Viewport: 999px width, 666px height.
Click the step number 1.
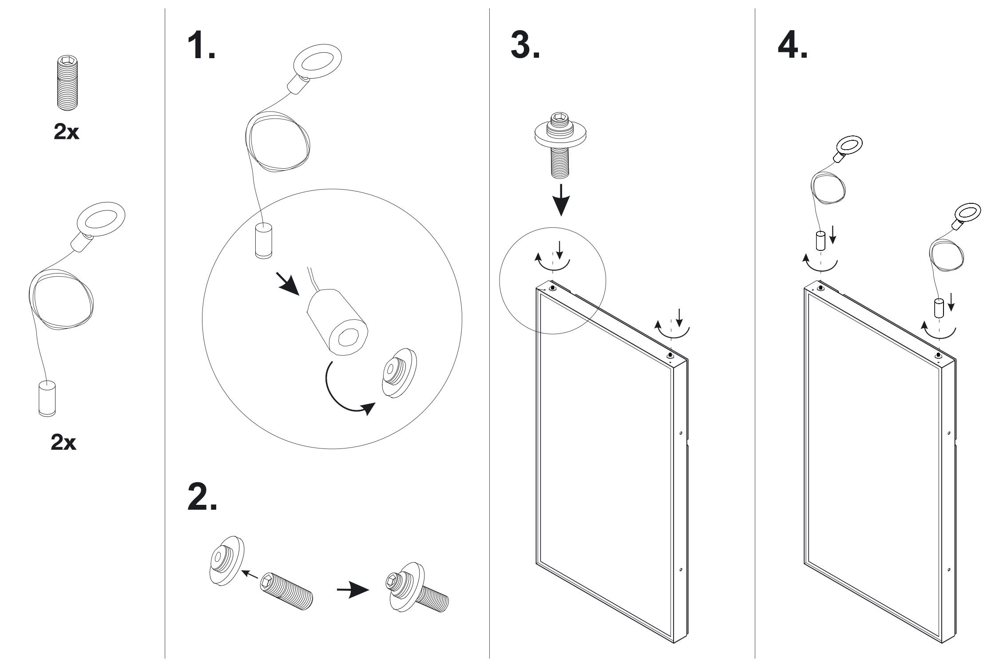[x=201, y=46]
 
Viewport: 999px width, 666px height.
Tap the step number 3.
[x=525, y=46]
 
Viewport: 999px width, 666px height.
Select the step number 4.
[x=792, y=46]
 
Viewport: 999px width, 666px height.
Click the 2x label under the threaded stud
[x=66, y=132]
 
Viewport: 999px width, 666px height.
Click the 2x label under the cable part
[x=64, y=443]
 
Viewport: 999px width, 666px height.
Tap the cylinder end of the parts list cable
[x=47, y=398]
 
